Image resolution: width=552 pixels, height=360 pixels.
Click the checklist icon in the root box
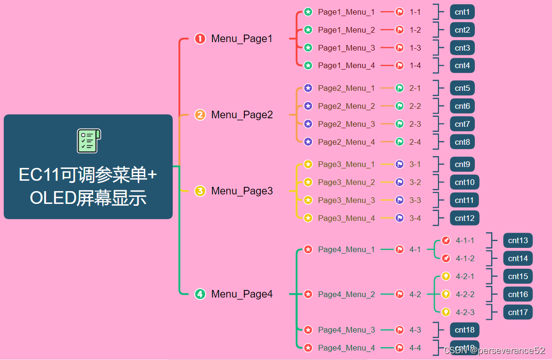click(x=89, y=141)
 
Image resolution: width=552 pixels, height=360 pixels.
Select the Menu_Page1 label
click(x=242, y=39)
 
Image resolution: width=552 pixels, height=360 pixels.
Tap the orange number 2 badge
click(x=200, y=115)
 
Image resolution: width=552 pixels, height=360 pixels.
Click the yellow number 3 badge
click(x=200, y=191)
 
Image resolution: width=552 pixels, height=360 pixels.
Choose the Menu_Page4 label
click(x=242, y=294)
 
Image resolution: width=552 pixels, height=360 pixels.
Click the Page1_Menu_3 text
click(x=346, y=48)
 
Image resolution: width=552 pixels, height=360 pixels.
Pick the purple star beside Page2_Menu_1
click(x=308, y=88)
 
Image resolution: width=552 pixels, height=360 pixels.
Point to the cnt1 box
click(x=462, y=12)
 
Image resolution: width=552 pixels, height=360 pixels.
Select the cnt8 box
click(x=462, y=142)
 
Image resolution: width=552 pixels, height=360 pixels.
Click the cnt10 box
click(x=464, y=182)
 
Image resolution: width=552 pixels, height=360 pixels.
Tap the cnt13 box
click(x=517, y=240)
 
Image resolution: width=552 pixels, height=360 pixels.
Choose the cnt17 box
click(x=517, y=312)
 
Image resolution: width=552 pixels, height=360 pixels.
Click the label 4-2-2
click(x=465, y=294)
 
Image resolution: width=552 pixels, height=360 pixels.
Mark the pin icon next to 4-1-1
click(x=446, y=240)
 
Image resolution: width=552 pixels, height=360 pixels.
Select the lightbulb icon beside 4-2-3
click(x=446, y=312)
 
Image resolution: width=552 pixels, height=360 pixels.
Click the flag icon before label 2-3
click(x=400, y=124)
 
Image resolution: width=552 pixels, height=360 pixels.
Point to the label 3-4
click(x=415, y=218)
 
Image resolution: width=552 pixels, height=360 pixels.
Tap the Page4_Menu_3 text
click(x=346, y=330)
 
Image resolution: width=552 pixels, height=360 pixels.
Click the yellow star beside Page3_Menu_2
click(x=308, y=182)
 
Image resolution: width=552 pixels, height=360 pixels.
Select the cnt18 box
click(x=464, y=330)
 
